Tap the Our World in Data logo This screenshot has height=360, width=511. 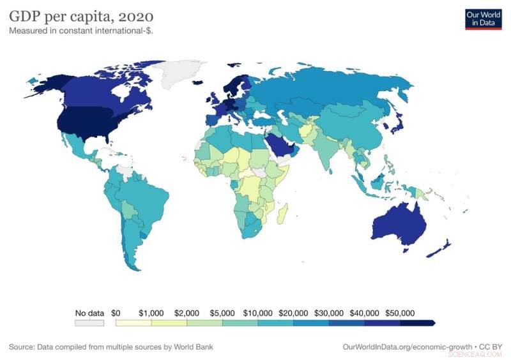[482, 19]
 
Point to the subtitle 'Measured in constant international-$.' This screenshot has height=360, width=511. [80, 30]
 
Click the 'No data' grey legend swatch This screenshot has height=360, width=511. [89, 323]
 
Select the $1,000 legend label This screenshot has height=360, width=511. [151, 313]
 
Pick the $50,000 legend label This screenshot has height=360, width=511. [400, 313]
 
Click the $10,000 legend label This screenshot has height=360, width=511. [258, 313]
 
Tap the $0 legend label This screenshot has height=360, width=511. [116, 313]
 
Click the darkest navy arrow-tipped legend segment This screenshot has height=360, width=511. [418, 323]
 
